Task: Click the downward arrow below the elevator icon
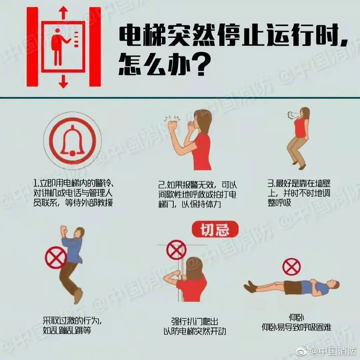[x=63, y=81]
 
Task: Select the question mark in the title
[x=198, y=64]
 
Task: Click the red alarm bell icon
[x=72, y=141]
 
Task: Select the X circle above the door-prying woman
[x=176, y=250]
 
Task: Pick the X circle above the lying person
[x=291, y=267]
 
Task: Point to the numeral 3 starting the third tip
[x=270, y=183]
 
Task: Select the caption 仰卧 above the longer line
[x=296, y=318]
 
